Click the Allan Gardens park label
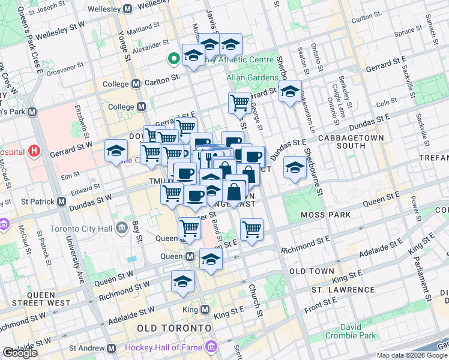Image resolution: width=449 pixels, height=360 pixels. (254, 78)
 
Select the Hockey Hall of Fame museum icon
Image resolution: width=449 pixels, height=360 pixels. (210, 347)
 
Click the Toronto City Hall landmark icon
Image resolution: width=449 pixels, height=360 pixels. (122, 227)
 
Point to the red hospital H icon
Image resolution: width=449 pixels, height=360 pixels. (36, 151)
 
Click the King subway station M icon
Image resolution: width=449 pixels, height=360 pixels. (205, 310)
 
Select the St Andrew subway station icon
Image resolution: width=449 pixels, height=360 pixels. (110, 348)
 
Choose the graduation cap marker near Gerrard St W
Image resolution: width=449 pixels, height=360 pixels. (116, 151)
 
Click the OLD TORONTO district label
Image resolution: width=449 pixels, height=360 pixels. (174, 328)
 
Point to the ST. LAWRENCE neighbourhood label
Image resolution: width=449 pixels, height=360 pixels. (343, 290)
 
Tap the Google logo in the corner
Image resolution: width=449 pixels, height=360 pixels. (20, 353)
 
